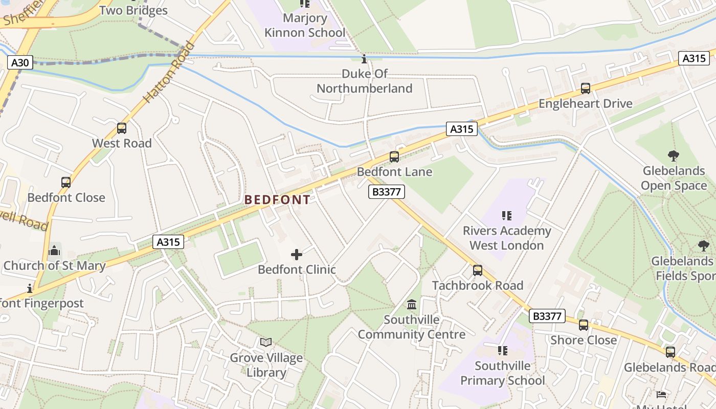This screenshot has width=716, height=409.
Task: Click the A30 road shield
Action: click(x=20, y=63)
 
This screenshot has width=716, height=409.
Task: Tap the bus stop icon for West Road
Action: click(x=122, y=128)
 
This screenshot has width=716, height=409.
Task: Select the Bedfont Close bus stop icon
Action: click(x=66, y=183)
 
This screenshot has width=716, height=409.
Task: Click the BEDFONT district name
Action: click(x=277, y=200)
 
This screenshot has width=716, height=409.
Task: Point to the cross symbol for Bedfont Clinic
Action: click(x=297, y=255)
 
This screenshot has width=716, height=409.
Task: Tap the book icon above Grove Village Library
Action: click(x=266, y=343)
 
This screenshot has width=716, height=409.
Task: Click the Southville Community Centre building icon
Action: click(x=411, y=305)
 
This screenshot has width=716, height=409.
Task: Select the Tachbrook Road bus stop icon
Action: click(x=478, y=270)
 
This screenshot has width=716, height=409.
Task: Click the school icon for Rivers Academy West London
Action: click(x=507, y=216)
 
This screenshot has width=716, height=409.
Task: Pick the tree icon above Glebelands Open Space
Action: click(x=674, y=156)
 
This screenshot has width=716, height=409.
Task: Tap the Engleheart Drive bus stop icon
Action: click(x=586, y=88)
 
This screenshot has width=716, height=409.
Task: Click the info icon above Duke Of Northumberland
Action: click(x=364, y=59)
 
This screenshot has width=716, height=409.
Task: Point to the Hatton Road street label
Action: click(x=169, y=72)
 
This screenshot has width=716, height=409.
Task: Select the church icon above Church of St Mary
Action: click(x=54, y=251)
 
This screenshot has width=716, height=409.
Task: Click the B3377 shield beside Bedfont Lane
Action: click(x=387, y=192)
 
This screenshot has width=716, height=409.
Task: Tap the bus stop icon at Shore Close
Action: click(x=584, y=325)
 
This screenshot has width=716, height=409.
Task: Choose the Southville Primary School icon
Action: click(x=503, y=351)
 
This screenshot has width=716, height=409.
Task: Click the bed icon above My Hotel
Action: click(x=661, y=395)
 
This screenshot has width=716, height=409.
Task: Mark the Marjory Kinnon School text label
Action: click(x=305, y=26)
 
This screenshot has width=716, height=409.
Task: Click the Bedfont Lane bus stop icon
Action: click(x=394, y=157)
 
